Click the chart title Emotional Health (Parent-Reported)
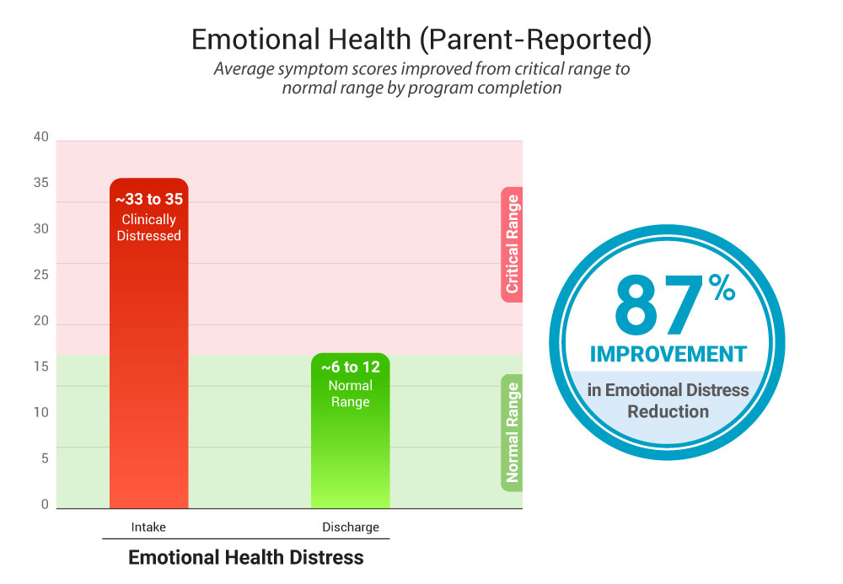pyautogui.click(x=421, y=40)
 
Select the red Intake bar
pyautogui.click(x=148, y=354)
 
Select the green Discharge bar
pyautogui.click(x=351, y=438)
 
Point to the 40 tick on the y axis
pyautogui.click(x=41, y=137)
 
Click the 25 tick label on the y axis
pyautogui.click(x=41, y=274)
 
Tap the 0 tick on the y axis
pyautogui.click(x=45, y=504)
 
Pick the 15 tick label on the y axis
pyautogui.click(x=41, y=367)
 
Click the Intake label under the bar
pyautogui.click(x=148, y=528)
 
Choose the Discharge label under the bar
pyautogui.click(x=351, y=528)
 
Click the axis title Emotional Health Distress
pyautogui.click(x=245, y=557)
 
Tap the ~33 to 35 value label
pyautogui.click(x=148, y=200)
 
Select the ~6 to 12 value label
pyautogui.click(x=351, y=367)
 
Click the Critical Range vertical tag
pyautogui.click(x=512, y=244)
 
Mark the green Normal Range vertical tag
pyautogui.click(x=512, y=432)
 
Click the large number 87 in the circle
pyautogui.click(x=658, y=305)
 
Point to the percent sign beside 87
pyautogui.click(x=721, y=291)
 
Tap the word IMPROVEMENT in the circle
pyautogui.click(x=668, y=353)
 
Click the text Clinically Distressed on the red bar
pyautogui.click(x=148, y=228)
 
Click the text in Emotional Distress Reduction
pyautogui.click(x=668, y=400)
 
